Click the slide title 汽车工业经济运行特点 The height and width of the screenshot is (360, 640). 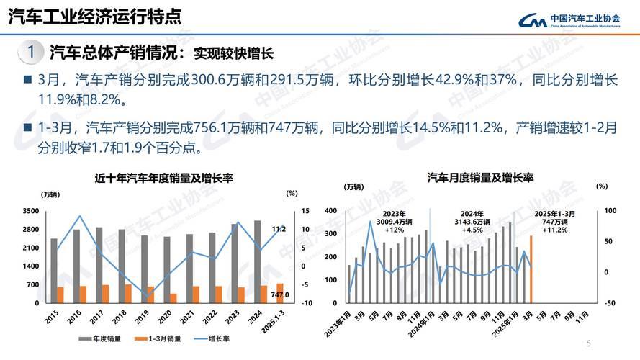[x=94, y=17]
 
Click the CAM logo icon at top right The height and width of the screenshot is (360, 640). [x=532, y=21]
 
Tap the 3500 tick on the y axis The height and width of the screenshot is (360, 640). [x=30, y=211]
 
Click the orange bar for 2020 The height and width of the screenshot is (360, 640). [x=173, y=298]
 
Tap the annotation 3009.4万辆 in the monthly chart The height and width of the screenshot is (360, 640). [x=395, y=222]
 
